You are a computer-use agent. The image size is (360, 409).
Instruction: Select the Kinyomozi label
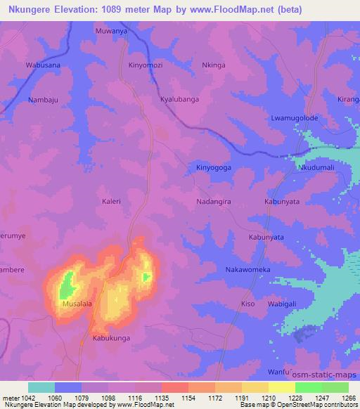tap(146, 65)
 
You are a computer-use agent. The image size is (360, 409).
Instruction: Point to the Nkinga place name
tap(214, 65)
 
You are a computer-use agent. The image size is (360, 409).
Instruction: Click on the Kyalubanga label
tap(179, 99)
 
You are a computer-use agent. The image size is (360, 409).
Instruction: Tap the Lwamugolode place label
tap(295, 117)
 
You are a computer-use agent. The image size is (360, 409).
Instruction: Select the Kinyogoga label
tap(214, 168)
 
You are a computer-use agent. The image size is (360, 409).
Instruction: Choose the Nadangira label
tap(214, 202)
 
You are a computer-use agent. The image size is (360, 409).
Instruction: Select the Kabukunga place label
tap(111, 338)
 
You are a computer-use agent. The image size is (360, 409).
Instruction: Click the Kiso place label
tap(247, 304)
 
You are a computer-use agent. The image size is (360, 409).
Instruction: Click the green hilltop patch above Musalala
tap(67, 285)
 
